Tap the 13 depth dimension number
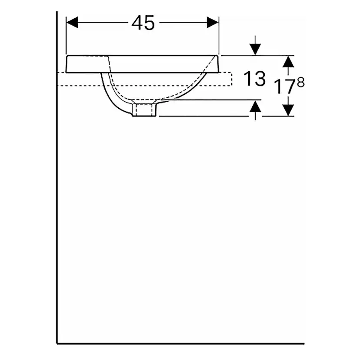[x=254, y=79]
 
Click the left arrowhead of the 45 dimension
[x=71, y=23]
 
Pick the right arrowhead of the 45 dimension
[x=213, y=23]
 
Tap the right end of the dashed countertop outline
[x=231, y=79]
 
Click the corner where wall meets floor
[x=57, y=343]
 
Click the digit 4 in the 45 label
[x=137, y=23]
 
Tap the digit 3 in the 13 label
[x=259, y=79]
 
